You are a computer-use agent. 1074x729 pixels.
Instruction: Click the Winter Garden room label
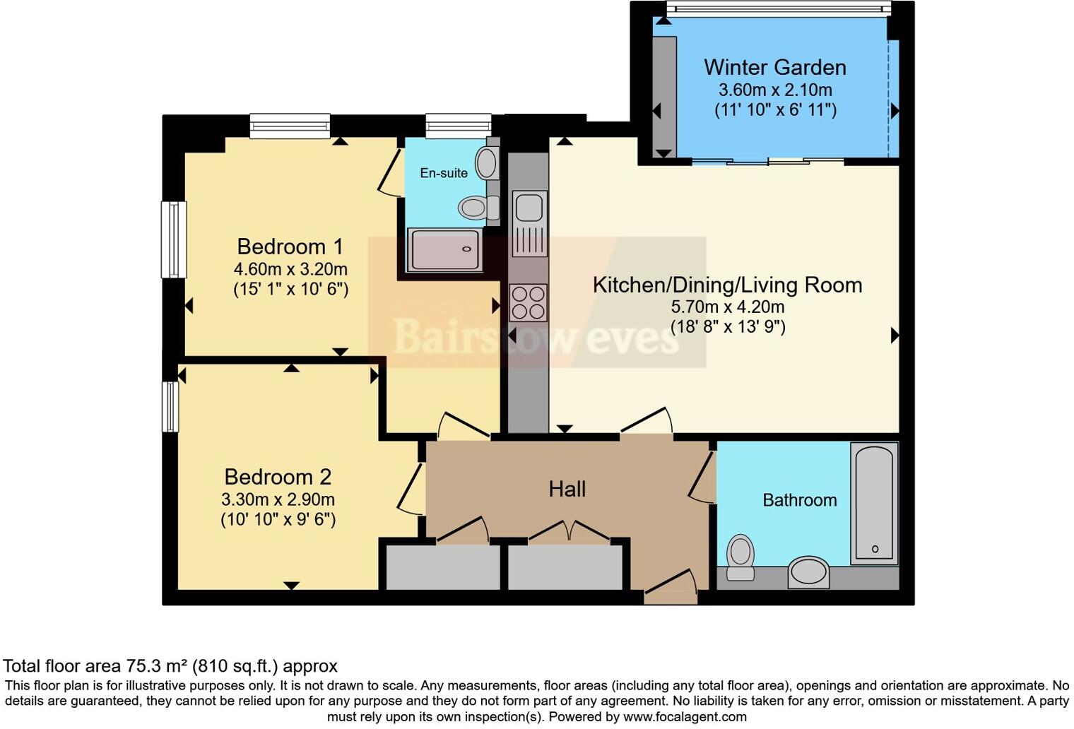(774, 67)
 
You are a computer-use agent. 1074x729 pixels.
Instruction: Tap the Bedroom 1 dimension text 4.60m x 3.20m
(290, 269)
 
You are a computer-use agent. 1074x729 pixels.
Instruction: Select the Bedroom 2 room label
(278, 477)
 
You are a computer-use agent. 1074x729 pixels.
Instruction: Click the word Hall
(567, 489)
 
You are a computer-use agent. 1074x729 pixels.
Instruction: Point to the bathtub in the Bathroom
(874, 502)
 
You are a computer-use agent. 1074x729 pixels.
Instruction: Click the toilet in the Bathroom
(740, 557)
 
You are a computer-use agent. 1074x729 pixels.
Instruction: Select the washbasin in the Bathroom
(808, 571)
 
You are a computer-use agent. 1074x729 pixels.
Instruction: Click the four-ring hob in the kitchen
(529, 302)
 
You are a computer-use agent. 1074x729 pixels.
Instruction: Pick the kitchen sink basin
(529, 207)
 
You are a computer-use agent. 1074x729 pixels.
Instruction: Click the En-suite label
(444, 173)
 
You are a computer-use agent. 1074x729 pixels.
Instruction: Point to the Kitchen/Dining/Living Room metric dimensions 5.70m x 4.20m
(727, 307)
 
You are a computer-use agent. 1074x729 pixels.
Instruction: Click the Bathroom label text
(799, 500)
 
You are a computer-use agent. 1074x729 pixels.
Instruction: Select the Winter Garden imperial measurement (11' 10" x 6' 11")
(775, 110)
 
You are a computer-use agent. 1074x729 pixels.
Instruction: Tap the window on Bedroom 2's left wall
(170, 406)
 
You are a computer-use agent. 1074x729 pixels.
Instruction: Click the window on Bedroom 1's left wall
(174, 239)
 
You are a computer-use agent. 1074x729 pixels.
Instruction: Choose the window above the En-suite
(458, 126)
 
